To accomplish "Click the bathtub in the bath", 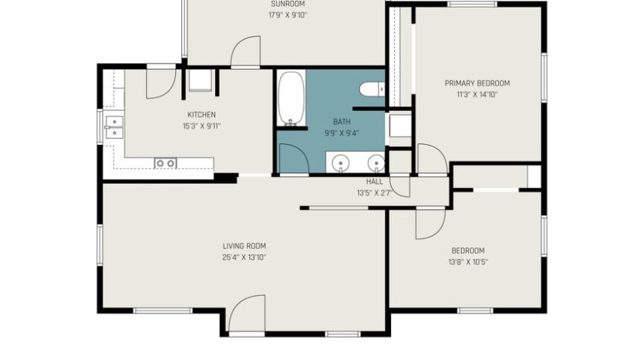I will (291, 97).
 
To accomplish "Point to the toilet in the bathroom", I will (372, 89).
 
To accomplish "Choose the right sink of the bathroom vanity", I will (376, 163).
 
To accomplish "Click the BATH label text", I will (341, 122).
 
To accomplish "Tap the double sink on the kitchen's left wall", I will (113, 126).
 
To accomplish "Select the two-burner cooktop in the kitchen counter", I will (165, 163).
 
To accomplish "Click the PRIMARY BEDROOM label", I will (477, 83).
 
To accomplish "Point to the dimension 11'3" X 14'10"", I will (477, 95).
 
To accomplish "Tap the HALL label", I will (375, 182).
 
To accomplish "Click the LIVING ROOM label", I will (244, 247).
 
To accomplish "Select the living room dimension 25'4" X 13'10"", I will (244, 257).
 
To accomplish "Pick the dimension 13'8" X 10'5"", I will (467, 262).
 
